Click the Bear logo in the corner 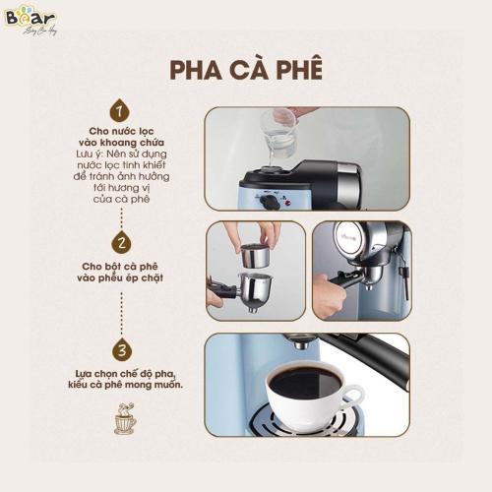click(x=30, y=19)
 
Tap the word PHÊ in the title click(x=295, y=72)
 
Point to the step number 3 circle click(x=121, y=349)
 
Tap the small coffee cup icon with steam click(x=125, y=421)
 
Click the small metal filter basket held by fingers click(x=256, y=257)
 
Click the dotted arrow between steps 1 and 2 click(x=121, y=212)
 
